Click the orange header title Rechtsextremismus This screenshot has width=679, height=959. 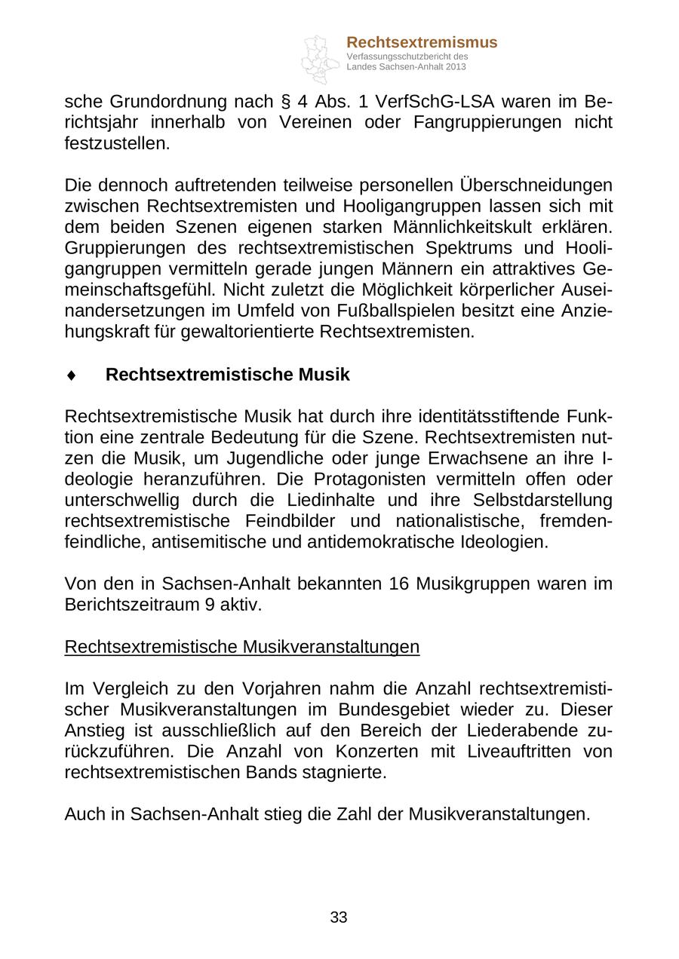point(422,42)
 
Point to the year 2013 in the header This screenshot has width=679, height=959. point(456,67)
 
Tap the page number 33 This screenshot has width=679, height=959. point(339,918)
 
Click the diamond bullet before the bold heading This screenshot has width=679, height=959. point(71,375)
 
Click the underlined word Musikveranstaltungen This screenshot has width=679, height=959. point(331,647)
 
